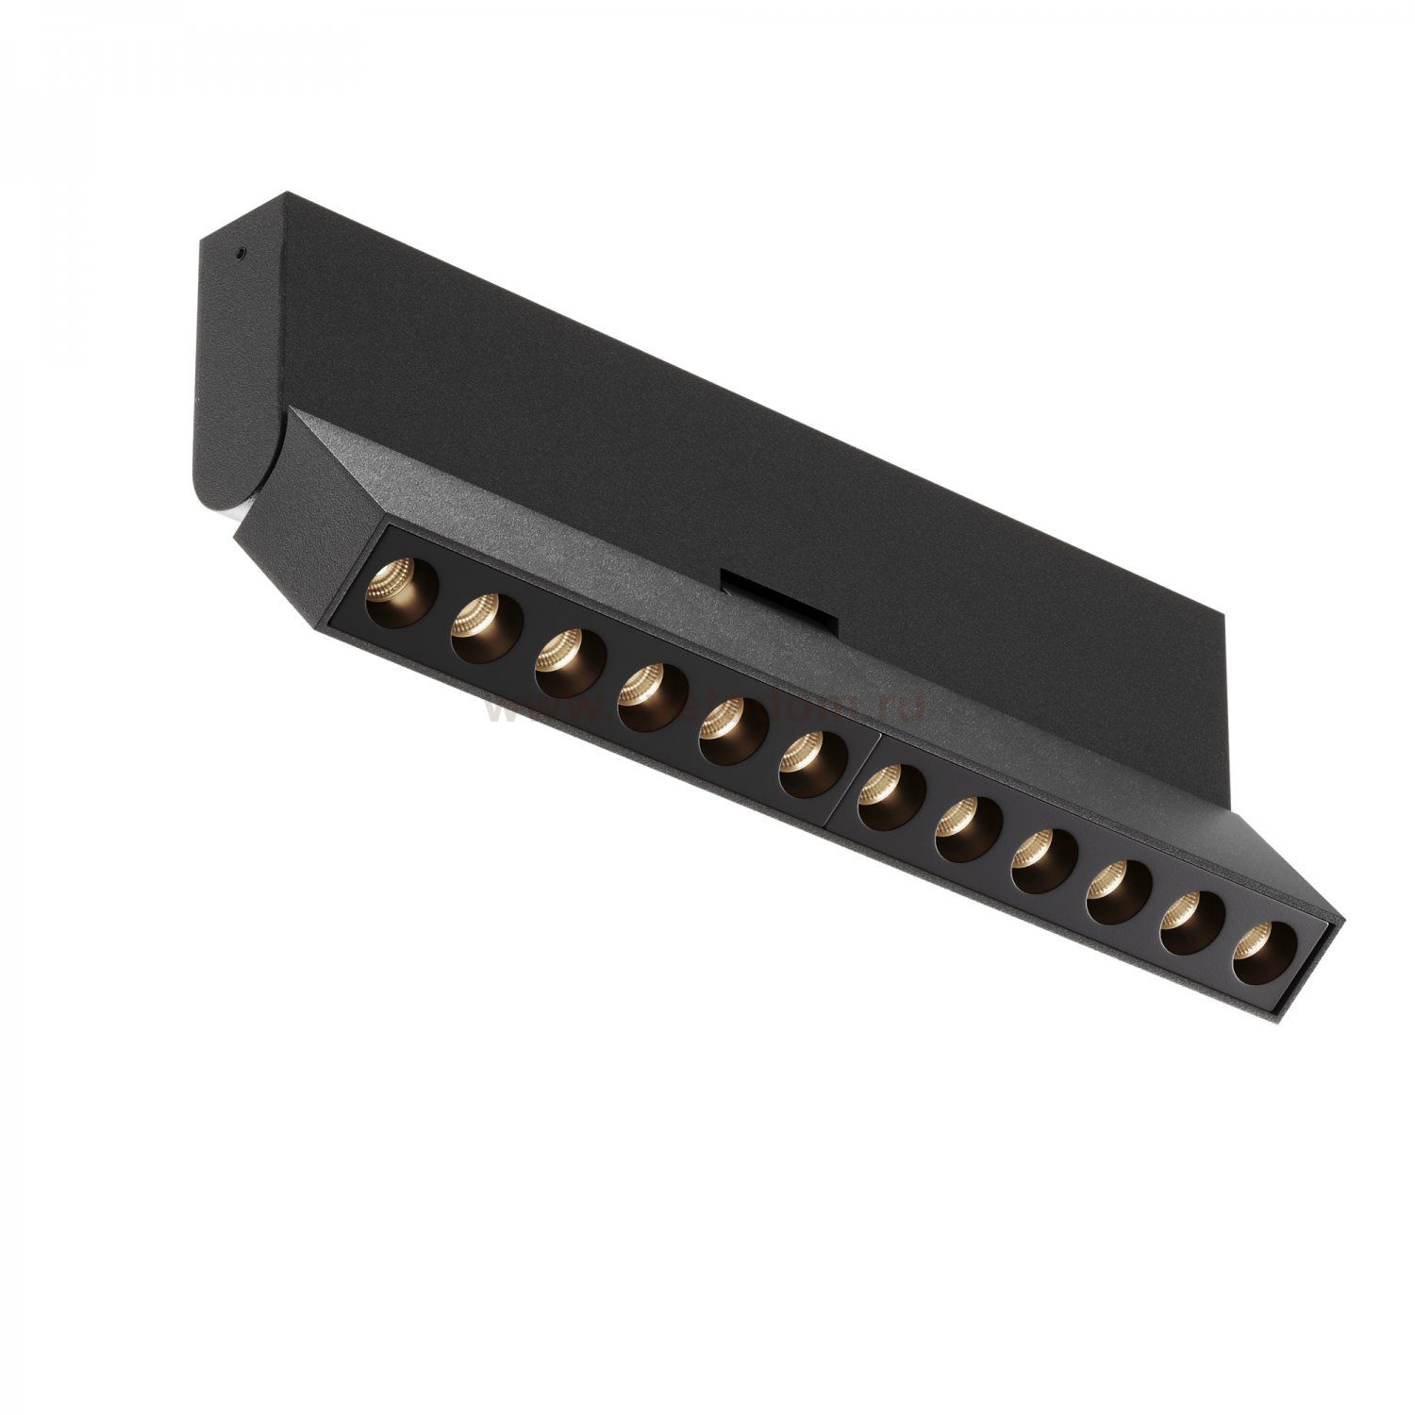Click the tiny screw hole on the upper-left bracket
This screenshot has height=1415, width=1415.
pos(242,252)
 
